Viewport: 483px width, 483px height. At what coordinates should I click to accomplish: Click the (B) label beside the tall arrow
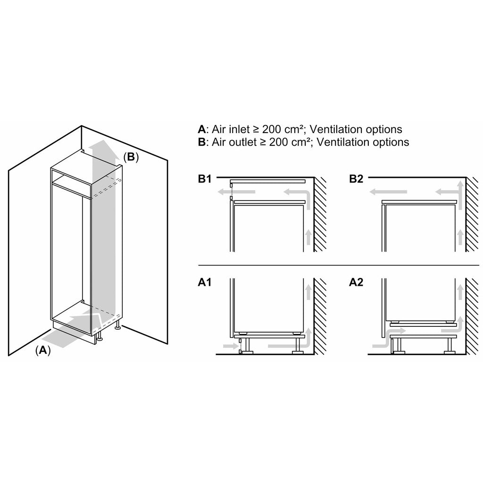pos(131,157)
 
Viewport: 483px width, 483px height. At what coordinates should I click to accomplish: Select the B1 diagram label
pos(206,179)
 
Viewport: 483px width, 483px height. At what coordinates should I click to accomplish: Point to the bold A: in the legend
pos(202,129)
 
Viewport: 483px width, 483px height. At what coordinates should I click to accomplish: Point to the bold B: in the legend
pos(202,142)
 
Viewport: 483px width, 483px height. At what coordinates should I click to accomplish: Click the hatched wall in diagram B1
pos(320,217)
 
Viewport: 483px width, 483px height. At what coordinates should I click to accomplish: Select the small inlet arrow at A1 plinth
pos(230,346)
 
